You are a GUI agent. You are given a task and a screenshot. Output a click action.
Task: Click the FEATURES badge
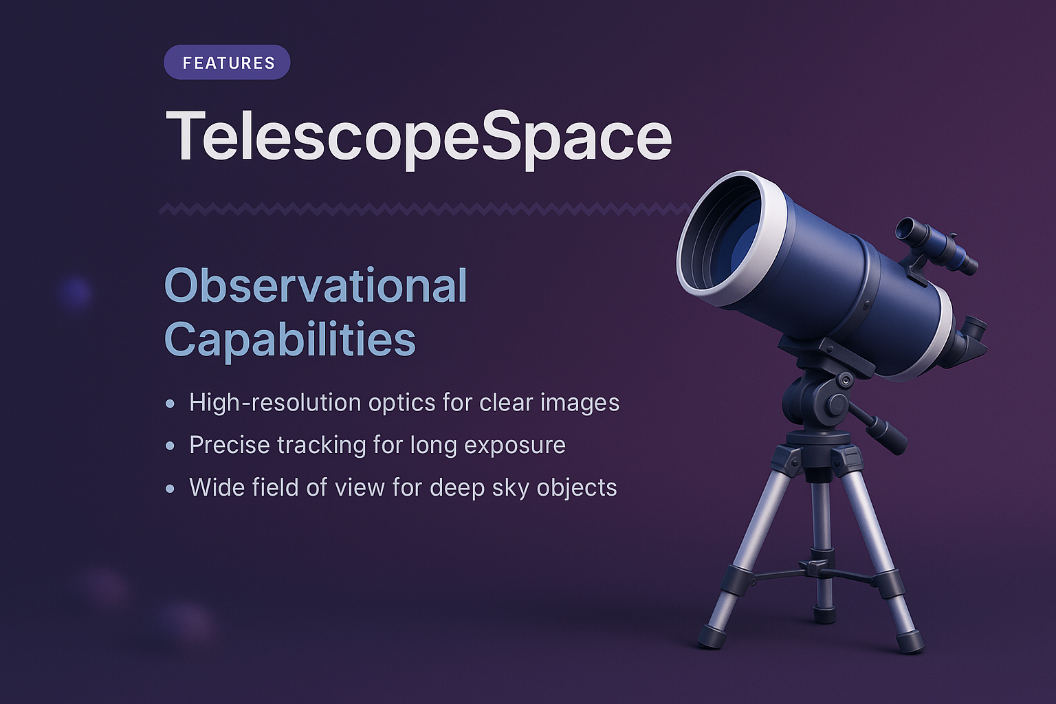coord(227,63)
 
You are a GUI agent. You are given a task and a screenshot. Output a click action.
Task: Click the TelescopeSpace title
coord(418,137)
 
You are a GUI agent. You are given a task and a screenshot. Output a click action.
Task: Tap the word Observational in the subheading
coord(316,286)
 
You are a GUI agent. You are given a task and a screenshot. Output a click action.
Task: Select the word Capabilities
coord(289,339)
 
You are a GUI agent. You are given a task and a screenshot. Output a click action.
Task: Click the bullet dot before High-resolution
coord(170,404)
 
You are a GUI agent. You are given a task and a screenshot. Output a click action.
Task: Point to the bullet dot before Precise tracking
coord(170,446)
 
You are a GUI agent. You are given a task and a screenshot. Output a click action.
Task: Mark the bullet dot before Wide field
coord(170,489)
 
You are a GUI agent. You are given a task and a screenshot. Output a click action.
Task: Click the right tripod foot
coord(910,642)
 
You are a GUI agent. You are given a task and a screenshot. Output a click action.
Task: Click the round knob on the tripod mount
coord(836,404)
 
